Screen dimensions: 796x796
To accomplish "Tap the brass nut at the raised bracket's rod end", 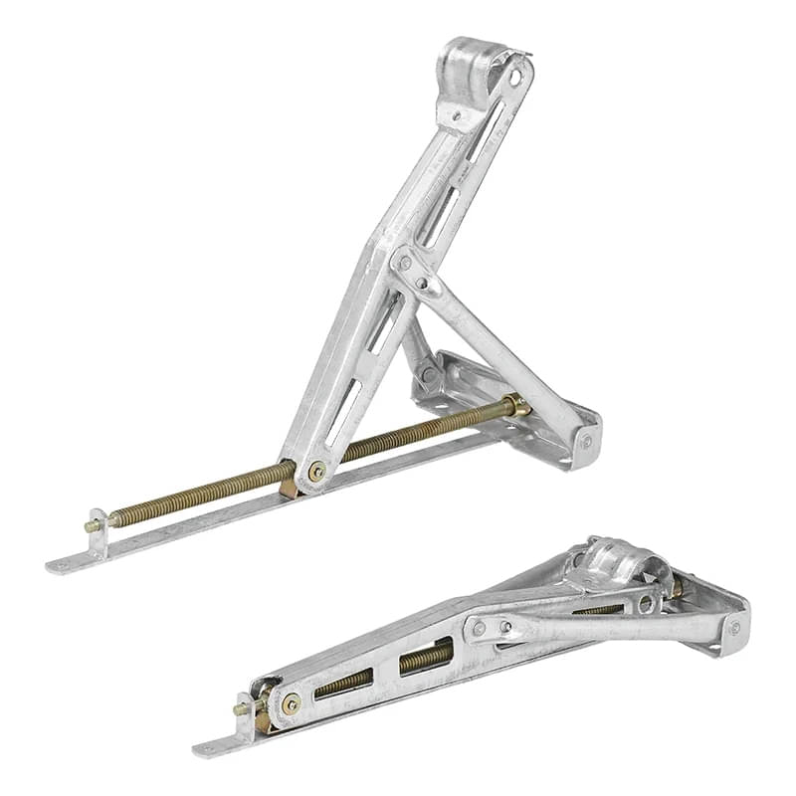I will tap(515, 405).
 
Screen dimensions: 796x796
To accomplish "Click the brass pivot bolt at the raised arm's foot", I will tap(316, 471).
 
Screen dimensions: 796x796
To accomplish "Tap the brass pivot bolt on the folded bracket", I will tap(291, 704).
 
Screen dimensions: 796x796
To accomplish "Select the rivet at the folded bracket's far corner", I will tap(734, 628).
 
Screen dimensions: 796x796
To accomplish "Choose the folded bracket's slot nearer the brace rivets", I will tap(425, 657).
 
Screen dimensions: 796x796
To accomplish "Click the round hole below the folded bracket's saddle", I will tap(646, 603).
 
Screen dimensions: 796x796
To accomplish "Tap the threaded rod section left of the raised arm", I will tap(199, 495).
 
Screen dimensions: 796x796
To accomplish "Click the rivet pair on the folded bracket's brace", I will tap(493, 627).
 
